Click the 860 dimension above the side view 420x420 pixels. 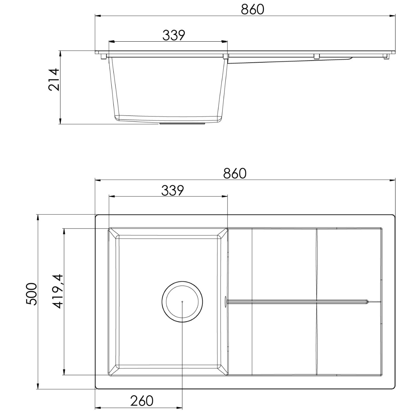(252, 9)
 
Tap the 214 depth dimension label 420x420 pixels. (54, 79)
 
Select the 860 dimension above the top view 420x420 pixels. (235, 174)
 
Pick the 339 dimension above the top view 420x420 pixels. (173, 190)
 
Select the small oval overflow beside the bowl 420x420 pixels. (225, 301)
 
